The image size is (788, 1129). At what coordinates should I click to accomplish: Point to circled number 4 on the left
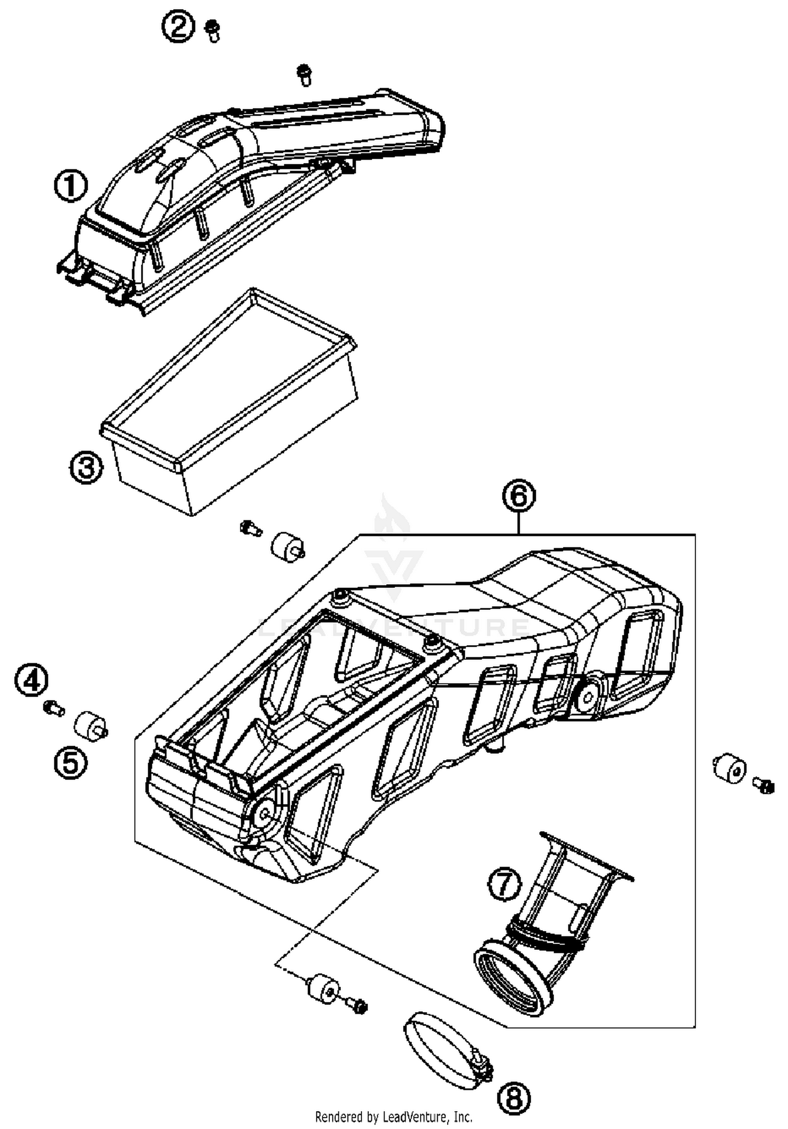point(31,680)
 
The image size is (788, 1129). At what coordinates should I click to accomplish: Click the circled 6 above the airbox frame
point(519,495)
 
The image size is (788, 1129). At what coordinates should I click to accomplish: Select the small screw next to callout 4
point(54,709)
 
